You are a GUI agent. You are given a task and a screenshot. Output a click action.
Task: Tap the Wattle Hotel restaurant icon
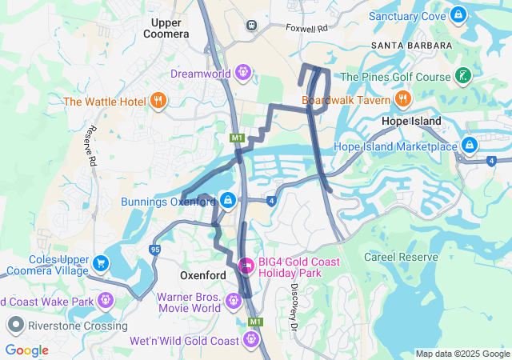point(158,101)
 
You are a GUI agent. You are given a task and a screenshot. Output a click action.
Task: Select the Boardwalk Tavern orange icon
point(402,99)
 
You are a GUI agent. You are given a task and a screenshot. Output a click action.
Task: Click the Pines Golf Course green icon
point(462,77)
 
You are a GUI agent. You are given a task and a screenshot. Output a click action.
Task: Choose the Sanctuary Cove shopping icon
point(458,14)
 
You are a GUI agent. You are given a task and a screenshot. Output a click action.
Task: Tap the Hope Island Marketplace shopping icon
point(470,146)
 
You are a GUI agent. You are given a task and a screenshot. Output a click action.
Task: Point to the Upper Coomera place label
point(166,28)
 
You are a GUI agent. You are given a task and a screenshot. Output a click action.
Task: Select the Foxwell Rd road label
point(312,28)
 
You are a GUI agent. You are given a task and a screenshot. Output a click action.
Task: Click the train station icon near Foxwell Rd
point(253,25)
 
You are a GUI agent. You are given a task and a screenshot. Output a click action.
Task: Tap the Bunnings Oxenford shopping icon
point(228,200)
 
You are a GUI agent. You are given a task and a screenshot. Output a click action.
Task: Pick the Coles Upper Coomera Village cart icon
point(101,263)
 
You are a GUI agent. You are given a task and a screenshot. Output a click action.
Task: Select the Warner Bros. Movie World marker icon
point(233,301)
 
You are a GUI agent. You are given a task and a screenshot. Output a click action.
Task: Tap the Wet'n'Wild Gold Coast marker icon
point(253,340)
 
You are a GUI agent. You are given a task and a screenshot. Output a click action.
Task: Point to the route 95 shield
point(154,250)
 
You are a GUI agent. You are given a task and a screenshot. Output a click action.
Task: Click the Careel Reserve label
point(401,257)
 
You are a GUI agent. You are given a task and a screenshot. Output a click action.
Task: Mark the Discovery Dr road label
point(294,298)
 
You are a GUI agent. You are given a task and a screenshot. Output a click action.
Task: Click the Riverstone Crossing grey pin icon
point(15,325)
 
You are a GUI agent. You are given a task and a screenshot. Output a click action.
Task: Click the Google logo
point(26,350)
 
